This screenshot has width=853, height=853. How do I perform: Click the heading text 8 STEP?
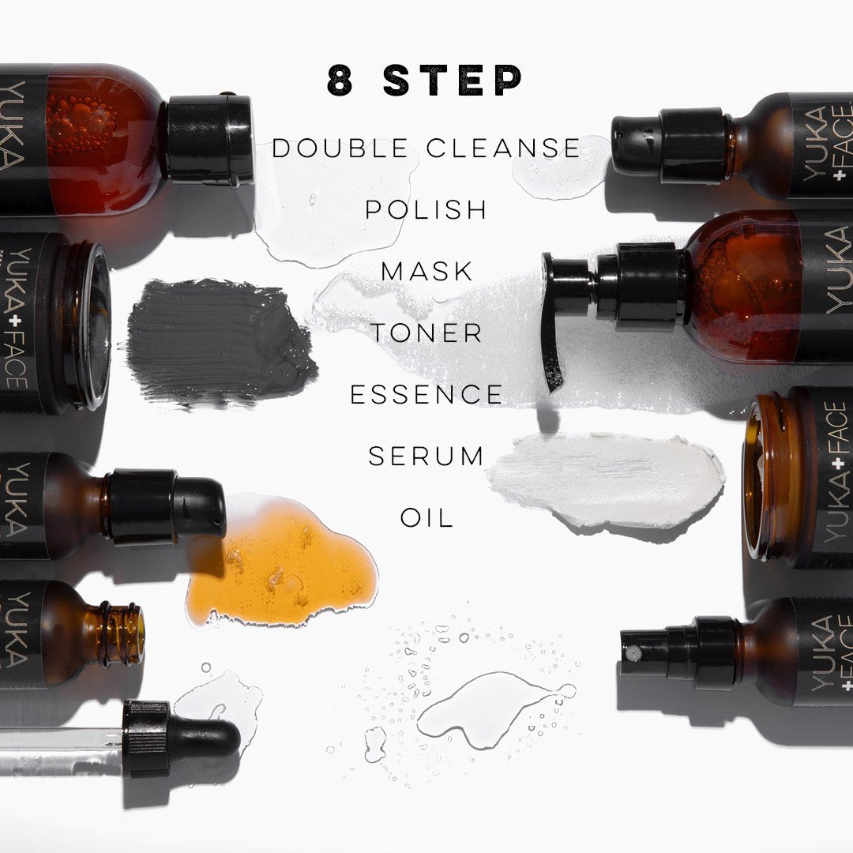pyautogui.click(x=425, y=81)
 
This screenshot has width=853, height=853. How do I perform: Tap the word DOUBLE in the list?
pyautogui.click(x=340, y=148)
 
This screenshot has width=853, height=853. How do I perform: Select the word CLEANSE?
pyautogui.click(x=503, y=148)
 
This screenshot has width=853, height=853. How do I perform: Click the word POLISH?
pyautogui.click(x=426, y=210)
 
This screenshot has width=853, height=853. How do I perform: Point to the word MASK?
pyautogui.click(x=426, y=272)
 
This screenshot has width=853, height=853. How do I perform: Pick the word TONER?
pyautogui.click(x=426, y=333)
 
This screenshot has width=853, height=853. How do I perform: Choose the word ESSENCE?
pyautogui.click(x=426, y=394)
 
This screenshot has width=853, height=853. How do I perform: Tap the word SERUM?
pyautogui.click(x=426, y=456)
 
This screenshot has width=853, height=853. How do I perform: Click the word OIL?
pyautogui.click(x=427, y=518)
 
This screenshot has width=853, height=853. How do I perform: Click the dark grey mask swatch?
pyautogui.click(x=218, y=343)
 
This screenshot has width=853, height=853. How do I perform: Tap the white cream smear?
pyautogui.click(x=607, y=479)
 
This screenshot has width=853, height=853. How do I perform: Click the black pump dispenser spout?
pyautogui.click(x=555, y=321)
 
